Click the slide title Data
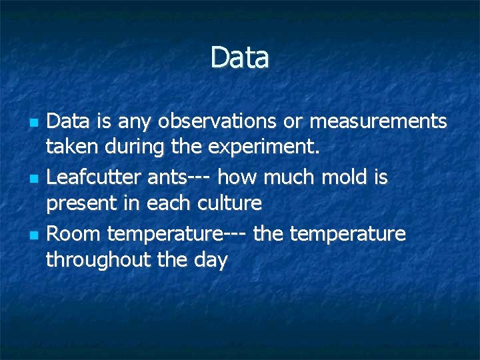[240, 58]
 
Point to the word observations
[217, 121]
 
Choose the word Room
[74, 234]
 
